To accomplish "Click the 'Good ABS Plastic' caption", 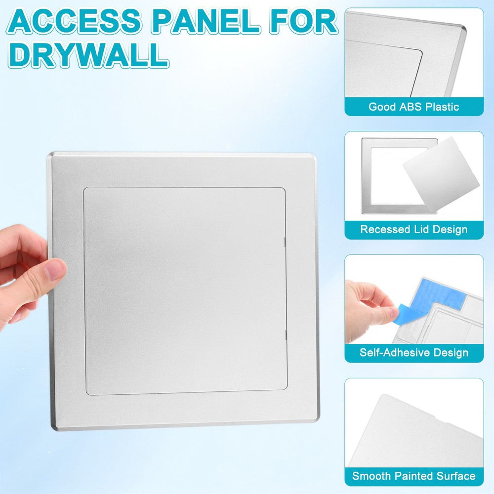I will click(x=414, y=107).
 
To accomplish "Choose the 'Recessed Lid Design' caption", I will click(x=414, y=229).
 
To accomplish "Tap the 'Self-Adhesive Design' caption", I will click(x=414, y=353).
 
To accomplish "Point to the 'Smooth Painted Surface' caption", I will click(x=414, y=476).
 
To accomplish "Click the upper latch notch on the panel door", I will click(x=286, y=241).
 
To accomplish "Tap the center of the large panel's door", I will click(x=185, y=290).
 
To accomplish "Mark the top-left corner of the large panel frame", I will click(x=50, y=156).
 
